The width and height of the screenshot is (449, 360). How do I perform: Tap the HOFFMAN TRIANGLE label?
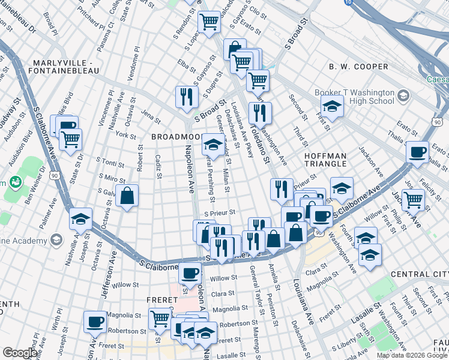click(x=325, y=160)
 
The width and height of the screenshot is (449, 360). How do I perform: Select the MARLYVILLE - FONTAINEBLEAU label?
click(x=67, y=68)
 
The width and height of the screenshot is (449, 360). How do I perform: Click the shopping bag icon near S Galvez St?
click(x=127, y=196)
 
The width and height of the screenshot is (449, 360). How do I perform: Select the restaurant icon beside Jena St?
click(x=187, y=96)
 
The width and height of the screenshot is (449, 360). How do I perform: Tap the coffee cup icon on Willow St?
click(x=190, y=273)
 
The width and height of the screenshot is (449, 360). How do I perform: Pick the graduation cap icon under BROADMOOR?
click(x=212, y=144)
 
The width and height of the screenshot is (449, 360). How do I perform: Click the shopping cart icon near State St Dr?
click(x=71, y=139)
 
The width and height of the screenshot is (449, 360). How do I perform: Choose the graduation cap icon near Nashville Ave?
click(x=80, y=220)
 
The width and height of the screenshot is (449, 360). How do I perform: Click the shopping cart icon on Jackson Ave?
click(x=413, y=200)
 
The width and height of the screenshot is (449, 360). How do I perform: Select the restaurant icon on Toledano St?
click(x=260, y=112)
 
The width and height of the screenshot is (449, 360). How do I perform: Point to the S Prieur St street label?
click(x=219, y=212)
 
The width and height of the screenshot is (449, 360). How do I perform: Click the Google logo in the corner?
click(x=20, y=353)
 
